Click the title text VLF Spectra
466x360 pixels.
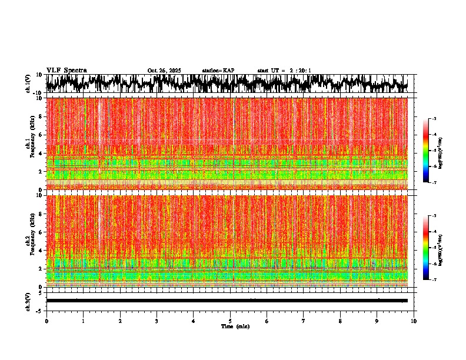pos(66,70)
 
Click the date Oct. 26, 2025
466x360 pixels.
pos(164,71)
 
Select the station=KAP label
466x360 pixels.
pos(218,71)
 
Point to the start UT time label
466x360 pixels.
pos(284,71)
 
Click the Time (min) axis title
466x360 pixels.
pos(235,326)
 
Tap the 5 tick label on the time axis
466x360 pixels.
pos(230,321)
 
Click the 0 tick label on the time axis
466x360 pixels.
pos(46,321)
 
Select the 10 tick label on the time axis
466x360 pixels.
pos(414,321)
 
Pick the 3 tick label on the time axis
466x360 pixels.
pos(157,321)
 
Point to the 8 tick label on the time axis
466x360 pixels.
pos(340,321)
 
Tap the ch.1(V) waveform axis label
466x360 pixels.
pos(28,84)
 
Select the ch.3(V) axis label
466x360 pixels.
pos(28,301)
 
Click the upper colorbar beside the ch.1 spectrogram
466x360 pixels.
pos(432,151)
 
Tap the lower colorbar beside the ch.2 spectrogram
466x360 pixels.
pos(432,248)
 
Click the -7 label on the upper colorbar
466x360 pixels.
pos(440,182)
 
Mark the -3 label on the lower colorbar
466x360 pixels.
pos(440,216)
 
